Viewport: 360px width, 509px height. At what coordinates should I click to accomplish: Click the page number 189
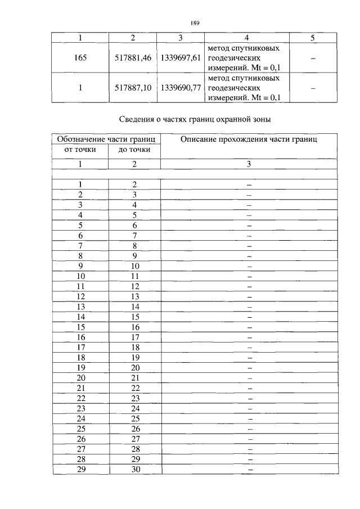(195, 23)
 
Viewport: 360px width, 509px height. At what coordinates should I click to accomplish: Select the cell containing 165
(80, 57)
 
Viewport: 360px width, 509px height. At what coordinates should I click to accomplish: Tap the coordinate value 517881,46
(133, 57)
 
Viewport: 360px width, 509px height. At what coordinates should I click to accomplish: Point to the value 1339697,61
(181, 57)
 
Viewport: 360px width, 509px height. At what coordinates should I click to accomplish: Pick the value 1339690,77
(181, 88)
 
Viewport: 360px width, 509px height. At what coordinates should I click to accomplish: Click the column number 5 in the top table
(313, 38)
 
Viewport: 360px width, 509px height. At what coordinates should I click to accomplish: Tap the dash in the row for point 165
(313, 57)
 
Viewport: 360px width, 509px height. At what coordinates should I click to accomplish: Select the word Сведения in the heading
(137, 119)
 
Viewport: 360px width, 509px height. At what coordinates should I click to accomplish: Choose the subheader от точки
(80, 150)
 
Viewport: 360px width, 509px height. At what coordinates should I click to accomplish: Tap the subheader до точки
(134, 150)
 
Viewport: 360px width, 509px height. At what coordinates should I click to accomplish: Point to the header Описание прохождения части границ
(249, 139)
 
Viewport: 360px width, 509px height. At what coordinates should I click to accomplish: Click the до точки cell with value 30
(134, 470)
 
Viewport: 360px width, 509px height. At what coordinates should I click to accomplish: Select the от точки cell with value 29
(80, 470)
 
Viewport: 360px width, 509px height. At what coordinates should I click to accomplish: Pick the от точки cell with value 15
(80, 327)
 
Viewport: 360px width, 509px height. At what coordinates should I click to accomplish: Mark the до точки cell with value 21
(134, 377)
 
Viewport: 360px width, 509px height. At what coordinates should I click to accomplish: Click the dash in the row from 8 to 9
(249, 255)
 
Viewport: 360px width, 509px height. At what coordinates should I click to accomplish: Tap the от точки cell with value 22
(80, 398)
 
